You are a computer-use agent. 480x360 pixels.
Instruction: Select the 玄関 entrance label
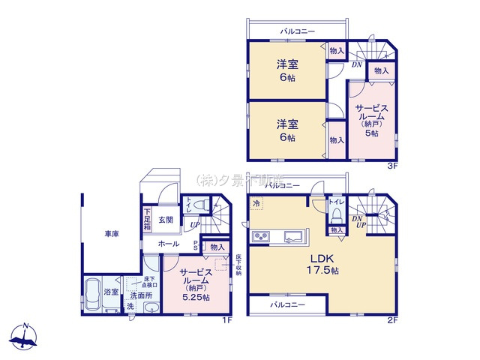click(x=166, y=220)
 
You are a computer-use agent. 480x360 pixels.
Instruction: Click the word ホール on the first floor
click(x=169, y=244)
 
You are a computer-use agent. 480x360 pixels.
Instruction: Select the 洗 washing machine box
click(x=129, y=306)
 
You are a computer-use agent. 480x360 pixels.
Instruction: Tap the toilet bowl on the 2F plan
click(x=336, y=214)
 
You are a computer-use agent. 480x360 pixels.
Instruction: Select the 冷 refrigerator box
click(x=257, y=203)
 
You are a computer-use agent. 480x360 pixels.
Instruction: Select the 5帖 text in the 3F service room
click(x=370, y=133)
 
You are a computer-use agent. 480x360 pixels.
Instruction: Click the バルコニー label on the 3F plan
click(x=298, y=31)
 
